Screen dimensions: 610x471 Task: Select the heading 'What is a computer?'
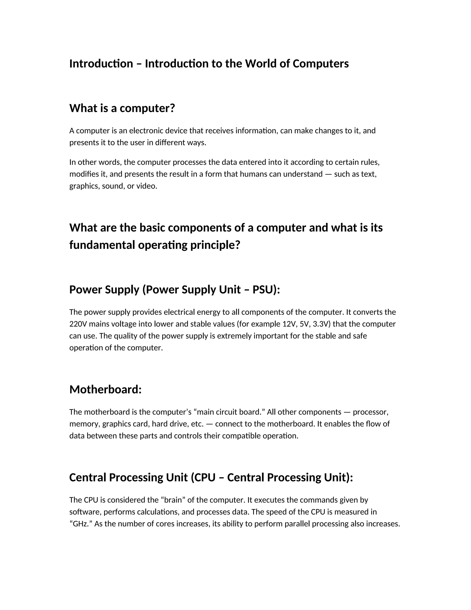pos(122,108)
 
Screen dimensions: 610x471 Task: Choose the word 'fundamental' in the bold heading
pos(102,245)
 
